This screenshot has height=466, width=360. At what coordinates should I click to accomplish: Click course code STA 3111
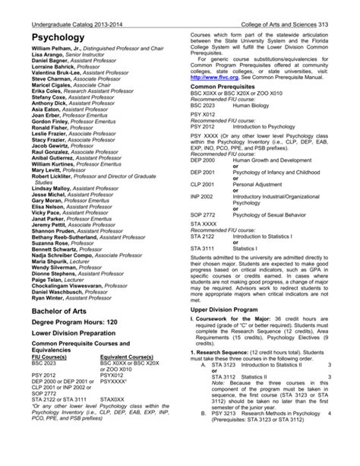[x=203, y=248]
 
